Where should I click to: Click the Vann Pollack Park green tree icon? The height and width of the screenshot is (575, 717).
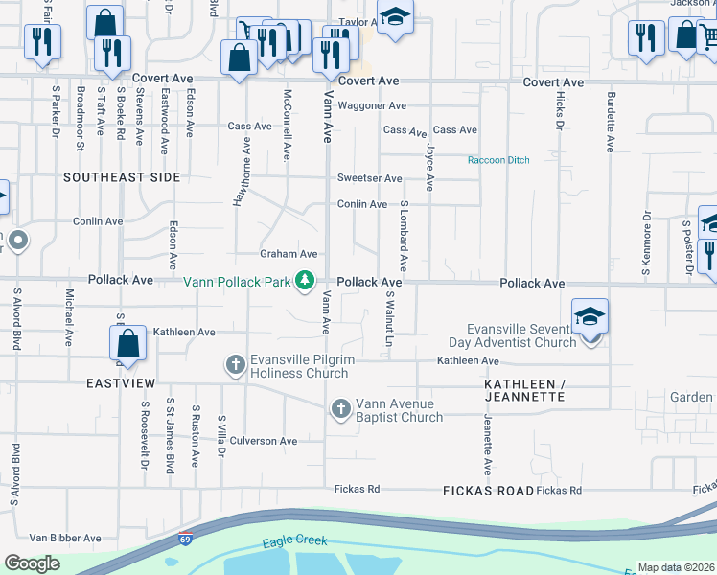pos(305,281)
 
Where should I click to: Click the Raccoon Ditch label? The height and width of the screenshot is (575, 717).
pos(498,160)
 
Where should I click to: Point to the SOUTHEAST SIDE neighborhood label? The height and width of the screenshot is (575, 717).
pos(122,177)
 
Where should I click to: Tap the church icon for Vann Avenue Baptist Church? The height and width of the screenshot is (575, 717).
pos(340,409)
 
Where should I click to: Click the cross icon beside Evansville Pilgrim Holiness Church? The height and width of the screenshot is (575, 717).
pos(236,364)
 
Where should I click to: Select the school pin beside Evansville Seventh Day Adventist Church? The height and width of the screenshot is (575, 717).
pos(589,316)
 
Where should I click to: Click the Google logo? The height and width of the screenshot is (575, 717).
pos(33,563)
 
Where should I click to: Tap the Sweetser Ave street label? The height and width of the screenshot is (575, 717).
pos(369,178)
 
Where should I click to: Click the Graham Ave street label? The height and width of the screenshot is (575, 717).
pos(289,254)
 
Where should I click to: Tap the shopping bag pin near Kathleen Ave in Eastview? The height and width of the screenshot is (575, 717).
pos(127,344)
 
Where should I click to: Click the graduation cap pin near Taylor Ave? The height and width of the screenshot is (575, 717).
pos(394,18)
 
